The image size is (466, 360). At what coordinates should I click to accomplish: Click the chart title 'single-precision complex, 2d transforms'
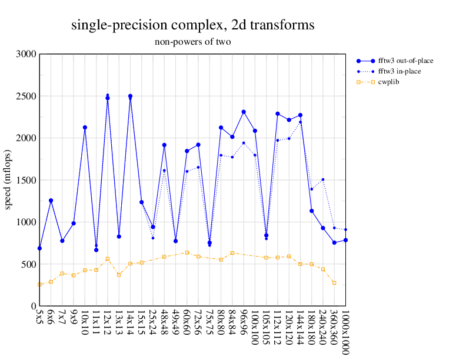point(192,25)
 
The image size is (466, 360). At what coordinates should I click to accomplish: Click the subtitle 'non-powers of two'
point(192,42)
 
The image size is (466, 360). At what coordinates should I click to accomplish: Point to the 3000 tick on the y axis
point(27,54)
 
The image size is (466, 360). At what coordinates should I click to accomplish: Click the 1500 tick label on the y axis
point(27,180)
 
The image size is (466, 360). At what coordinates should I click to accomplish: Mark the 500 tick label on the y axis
point(29,264)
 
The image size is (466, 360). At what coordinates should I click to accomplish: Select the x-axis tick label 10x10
point(85,323)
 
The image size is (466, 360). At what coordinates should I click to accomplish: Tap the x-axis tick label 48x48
point(165,323)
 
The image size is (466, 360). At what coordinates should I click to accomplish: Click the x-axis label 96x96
point(244,323)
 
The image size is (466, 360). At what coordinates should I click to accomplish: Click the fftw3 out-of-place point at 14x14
point(130,96)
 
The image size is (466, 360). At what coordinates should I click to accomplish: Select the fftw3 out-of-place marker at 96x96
point(244,112)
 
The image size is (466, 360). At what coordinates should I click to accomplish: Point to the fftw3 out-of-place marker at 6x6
point(51,201)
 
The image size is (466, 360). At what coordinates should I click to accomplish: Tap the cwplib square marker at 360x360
point(334,282)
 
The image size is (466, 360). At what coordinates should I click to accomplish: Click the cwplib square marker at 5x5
point(39,285)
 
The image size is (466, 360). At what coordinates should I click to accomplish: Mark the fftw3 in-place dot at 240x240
point(323,179)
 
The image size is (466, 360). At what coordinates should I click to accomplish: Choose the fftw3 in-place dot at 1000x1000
point(345,229)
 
